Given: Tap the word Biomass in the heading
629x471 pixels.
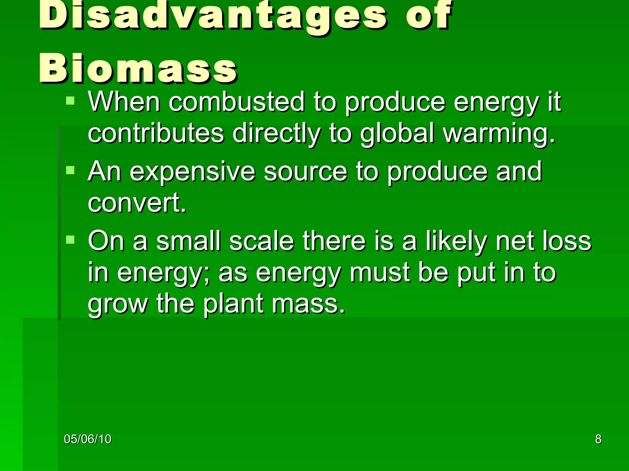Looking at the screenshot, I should point(138,69).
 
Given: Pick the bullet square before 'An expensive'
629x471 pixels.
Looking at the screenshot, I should point(70,170).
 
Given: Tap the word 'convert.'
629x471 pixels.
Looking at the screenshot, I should point(137,203).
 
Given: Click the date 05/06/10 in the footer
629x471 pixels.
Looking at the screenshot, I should point(88,439).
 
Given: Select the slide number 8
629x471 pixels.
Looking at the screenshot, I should point(598,439).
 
